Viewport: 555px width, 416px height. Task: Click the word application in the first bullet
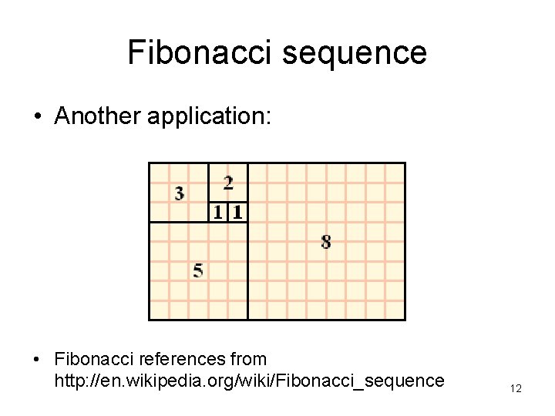(x=204, y=116)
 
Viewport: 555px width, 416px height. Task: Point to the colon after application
(x=267, y=117)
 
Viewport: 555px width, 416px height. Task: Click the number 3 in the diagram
(x=180, y=193)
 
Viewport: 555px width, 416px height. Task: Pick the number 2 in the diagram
(x=228, y=183)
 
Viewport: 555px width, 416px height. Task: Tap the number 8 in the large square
(x=326, y=242)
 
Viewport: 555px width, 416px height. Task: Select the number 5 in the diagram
(x=199, y=270)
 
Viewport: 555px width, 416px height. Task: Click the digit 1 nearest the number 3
(x=219, y=212)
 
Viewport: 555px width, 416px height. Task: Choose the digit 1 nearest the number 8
(x=237, y=212)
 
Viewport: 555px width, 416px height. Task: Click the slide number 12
(x=516, y=389)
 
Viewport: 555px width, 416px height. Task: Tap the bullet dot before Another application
(x=37, y=116)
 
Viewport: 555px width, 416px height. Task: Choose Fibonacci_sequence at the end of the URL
(x=361, y=381)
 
